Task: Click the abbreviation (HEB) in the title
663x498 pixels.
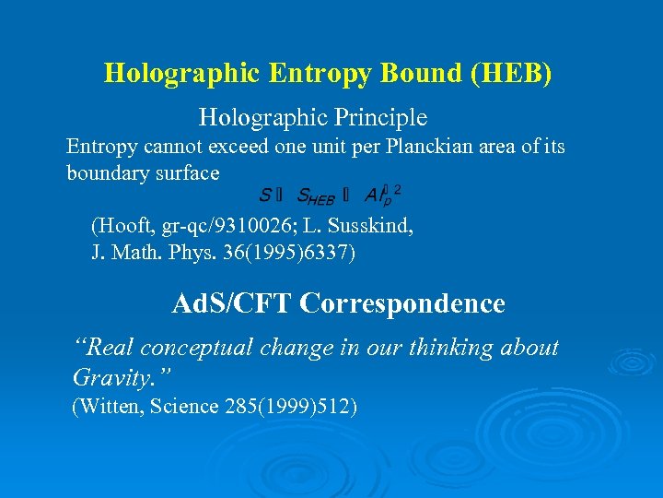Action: pyautogui.click(x=511, y=73)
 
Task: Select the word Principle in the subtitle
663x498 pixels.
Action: pyautogui.click(x=382, y=118)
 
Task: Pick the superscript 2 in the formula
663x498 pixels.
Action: pyautogui.click(x=397, y=189)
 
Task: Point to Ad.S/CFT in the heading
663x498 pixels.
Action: pyautogui.click(x=233, y=303)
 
